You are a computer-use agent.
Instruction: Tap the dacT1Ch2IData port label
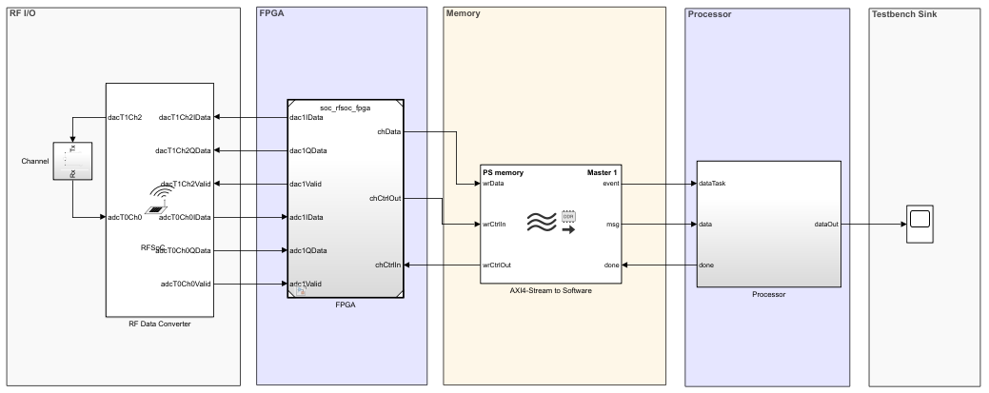[x=185, y=117]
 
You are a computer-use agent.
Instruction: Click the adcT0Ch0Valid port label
[x=186, y=284]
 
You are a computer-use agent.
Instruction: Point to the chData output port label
[x=388, y=132]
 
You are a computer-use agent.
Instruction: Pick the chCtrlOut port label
[x=385, y=199]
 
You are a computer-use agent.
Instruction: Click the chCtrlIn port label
[x=387, y=265]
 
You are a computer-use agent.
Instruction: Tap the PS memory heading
[x=503, y=172]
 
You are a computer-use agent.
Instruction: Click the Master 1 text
[x=602, y=172]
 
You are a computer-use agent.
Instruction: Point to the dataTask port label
[x=712, y=184]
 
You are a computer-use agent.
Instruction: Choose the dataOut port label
[x=826, y=225]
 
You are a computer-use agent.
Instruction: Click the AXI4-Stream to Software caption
[x=550, y=290]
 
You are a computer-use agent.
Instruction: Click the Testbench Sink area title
[x=904, y=14]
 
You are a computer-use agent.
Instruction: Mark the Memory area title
[x=464, y=14]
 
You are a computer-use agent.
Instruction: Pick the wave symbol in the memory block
[x=542, y=225]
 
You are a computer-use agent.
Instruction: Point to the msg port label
[x=612, y=225]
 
